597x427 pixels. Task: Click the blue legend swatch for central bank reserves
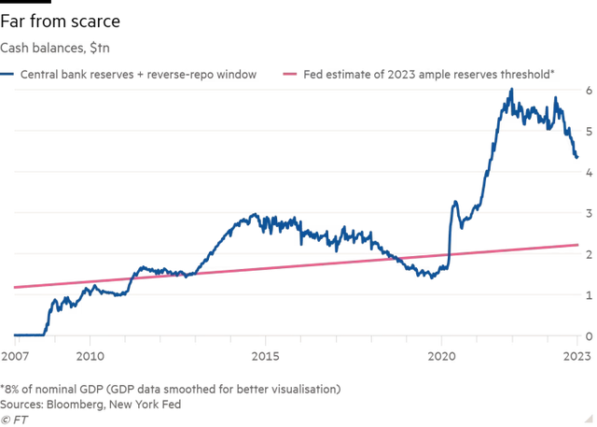6,72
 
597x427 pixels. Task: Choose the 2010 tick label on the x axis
90,355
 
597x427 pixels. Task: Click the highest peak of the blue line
511,90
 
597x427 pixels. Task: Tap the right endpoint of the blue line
578,159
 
